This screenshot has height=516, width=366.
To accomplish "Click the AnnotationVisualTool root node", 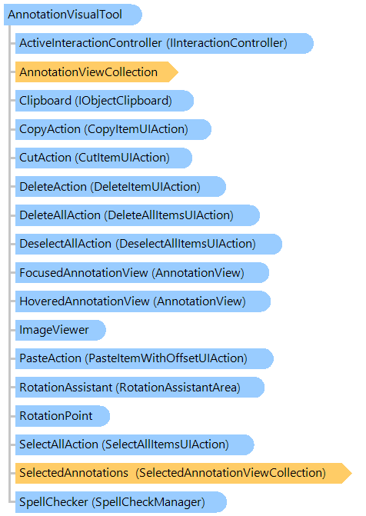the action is coord(73,15).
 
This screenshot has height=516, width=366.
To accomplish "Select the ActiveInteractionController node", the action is coord(165,43).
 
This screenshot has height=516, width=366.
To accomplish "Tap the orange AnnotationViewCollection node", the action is coord(97,72).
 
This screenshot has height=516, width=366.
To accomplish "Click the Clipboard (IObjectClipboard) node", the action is coord(105,101).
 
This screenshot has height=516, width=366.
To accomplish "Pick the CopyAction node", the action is coord(113,129).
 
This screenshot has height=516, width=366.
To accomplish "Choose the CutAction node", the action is coord(104,158).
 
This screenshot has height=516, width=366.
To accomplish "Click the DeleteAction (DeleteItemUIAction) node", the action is coord(121,187).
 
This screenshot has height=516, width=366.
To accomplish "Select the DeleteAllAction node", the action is coord(138,215).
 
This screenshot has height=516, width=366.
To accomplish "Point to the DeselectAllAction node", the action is coord(148,244).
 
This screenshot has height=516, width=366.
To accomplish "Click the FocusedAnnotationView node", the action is coord(142,272).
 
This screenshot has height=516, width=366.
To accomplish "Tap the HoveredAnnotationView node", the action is coord(143,301).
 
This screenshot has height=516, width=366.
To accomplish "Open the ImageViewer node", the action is coord(61,330).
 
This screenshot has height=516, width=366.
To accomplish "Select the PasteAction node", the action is coord(145,358).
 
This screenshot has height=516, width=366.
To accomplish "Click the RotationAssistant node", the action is coord(140,387).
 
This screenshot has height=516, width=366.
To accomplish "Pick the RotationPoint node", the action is coord(62,416).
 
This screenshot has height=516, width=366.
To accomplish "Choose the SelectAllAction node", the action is coord(135,444).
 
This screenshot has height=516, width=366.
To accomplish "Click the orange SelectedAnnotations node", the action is coord(184,473).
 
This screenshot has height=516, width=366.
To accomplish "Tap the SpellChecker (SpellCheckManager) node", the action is coord(121,502).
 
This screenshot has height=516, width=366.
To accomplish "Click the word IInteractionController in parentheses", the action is coord(227,43).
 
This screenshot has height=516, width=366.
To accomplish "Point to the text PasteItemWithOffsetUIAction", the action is coord(166,358).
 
